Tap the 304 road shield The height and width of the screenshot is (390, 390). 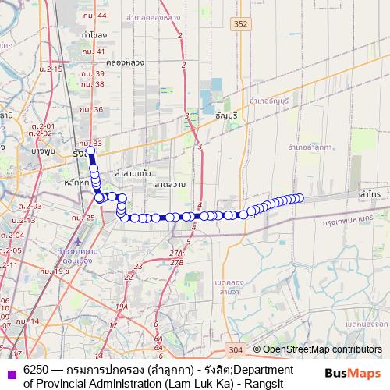(x=237, y=349)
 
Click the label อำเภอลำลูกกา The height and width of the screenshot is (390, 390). (x=311, y=146)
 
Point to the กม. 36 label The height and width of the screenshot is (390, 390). (x=93, y=109)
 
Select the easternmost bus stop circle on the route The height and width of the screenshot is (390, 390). (x=300, y=198)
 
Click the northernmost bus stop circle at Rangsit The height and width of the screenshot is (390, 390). (x=90, y=151)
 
